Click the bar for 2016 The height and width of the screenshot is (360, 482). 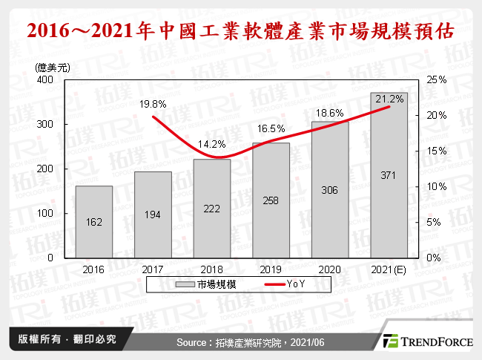(93, 221)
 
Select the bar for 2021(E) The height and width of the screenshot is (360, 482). (389, 175)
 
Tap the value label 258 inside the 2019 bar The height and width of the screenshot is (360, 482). (271, 200)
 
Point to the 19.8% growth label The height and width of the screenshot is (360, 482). (153, 105)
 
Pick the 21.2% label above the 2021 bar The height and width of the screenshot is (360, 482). (389, 99)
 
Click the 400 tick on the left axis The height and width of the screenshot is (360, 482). (47, 79)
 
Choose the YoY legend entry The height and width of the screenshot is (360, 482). (294, 284)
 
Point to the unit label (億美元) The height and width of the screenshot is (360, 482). (52, 67)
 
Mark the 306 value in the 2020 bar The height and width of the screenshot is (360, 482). (330, 190)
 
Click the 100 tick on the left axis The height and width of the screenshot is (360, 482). (47, 213)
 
